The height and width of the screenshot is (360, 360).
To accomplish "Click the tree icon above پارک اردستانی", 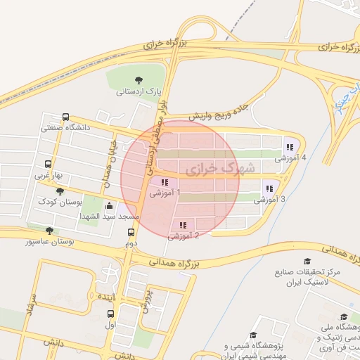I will pos(138,80).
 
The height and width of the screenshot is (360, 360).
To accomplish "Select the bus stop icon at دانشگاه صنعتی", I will pos(65,117).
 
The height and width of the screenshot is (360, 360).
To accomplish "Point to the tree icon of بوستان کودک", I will pos(61,191).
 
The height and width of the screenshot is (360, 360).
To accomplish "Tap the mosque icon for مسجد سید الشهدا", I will pos(110,207).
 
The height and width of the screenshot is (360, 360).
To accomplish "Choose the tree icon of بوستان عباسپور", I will pos(49,231).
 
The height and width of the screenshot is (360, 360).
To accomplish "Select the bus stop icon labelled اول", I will pos(110,314).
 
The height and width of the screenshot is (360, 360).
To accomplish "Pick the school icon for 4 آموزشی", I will pos(290,147).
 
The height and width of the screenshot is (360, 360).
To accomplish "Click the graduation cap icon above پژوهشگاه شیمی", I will pos(253,336).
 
